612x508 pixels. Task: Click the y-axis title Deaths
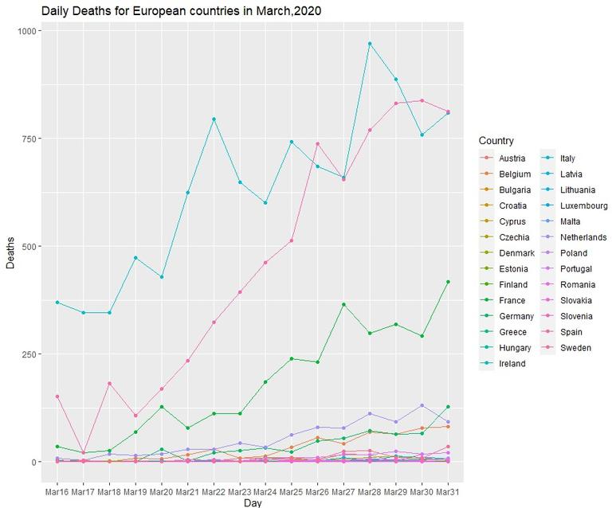pos(10,253)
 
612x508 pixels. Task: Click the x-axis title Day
pos(252,502)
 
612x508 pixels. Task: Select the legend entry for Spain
pos(575,332)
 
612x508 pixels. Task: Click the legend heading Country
pos(496,141)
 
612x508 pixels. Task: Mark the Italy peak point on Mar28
pos(370,44)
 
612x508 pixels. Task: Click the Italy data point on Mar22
pos(214,119)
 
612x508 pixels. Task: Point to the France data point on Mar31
pos(448,282)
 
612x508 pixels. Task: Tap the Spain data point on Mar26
pos(318,144)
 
